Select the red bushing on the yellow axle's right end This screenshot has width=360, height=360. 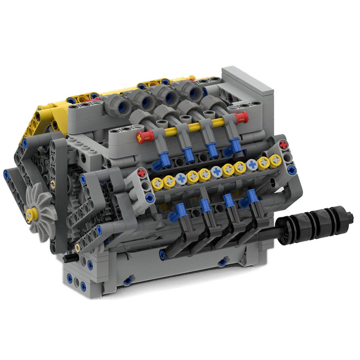point(242,117)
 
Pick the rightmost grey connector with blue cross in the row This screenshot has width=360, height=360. point(252,164)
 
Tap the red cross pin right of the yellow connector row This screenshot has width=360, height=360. point(284,144)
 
